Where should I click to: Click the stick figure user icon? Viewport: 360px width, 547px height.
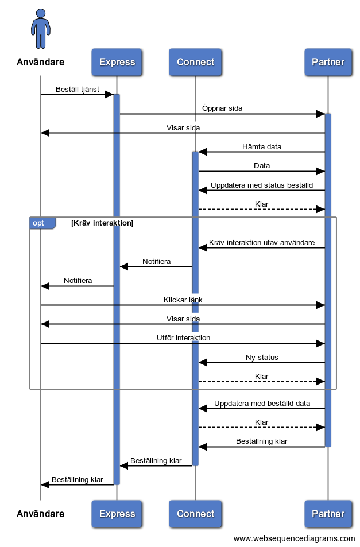coord(41,29)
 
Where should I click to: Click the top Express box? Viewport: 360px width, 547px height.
coord(117,62)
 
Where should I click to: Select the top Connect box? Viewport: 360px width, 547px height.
coord(195,62)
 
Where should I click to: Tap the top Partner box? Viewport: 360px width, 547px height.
coord(328,62)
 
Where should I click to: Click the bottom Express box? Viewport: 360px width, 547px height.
coord(117,514)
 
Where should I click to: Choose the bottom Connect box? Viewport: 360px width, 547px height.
coord(195,514)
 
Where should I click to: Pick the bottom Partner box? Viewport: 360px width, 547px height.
coord(328,514)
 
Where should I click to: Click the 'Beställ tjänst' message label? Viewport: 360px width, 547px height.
coord(78,90)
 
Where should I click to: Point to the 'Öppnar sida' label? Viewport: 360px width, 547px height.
coord(222,108)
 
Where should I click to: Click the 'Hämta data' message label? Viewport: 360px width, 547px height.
coord(262,147)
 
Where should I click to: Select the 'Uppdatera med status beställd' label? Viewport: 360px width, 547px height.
coord(262,185)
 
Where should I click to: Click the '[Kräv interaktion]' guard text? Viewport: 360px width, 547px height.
coord(102,223)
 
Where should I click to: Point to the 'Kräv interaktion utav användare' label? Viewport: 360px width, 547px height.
coord(262,243)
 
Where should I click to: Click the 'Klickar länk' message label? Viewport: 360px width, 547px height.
coord(183,300)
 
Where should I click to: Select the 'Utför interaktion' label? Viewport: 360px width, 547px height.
coord(183,338)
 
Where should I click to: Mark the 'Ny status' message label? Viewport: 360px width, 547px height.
coord(262,358)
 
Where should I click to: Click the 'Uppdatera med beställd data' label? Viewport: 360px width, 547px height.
coord(262,404)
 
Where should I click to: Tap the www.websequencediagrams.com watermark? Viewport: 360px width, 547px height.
coord(294,538)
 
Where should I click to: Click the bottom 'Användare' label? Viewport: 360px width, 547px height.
coord(41,514)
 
